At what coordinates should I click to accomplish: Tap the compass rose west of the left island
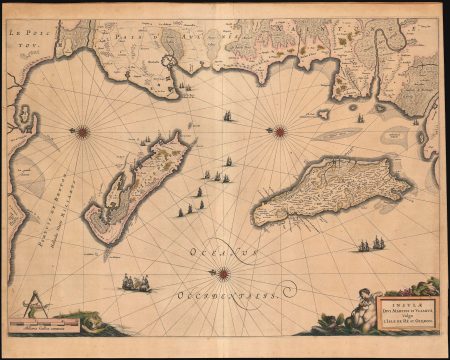pyautogui.click(x=82, y=130)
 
